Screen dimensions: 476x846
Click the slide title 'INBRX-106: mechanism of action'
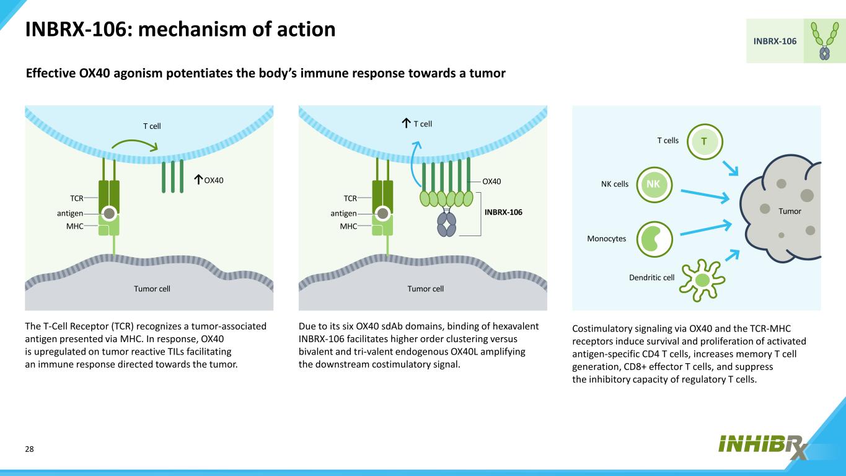pos(180,29)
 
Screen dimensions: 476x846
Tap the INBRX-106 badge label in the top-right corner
pos(775,41)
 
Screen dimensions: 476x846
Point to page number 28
pos(29,449)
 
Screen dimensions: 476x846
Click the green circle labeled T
pos(704,142)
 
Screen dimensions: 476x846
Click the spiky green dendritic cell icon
pos(702,278)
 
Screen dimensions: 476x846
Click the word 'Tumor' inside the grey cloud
pos(790,211)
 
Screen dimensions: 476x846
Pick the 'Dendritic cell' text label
pos(651,278)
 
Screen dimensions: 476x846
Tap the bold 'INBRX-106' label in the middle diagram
pos(503,212)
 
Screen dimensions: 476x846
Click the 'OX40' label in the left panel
pos(213,180)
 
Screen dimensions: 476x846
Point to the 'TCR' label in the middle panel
pos(350,198)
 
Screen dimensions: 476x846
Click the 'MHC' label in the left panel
pos(74,226)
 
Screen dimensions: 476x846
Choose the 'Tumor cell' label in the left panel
pos(152,288)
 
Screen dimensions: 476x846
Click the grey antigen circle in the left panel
pos(109,213)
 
